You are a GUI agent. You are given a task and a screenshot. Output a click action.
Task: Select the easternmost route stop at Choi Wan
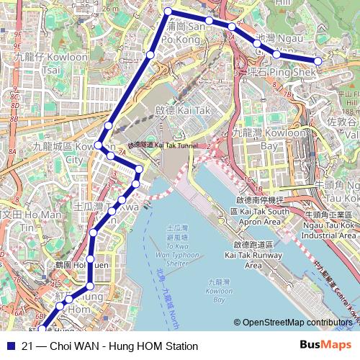tap(318, 61)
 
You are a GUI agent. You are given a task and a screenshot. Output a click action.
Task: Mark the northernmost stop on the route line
tap(168, 11)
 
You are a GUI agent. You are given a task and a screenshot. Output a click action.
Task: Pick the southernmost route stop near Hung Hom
tap(41, 330)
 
